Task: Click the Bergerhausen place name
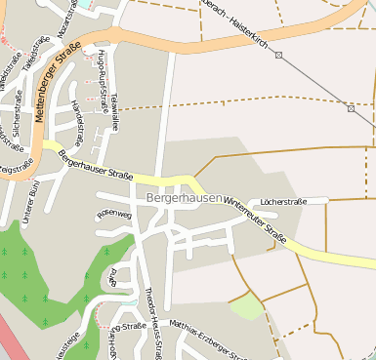tap(184, 197)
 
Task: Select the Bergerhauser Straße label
tap(95, 163)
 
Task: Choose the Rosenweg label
tap(113, 213)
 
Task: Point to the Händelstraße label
tap(77, 122)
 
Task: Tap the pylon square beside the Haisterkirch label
tap(279, 56)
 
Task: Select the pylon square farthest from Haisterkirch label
tap(351, 108)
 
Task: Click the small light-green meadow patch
tap(247, 306)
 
